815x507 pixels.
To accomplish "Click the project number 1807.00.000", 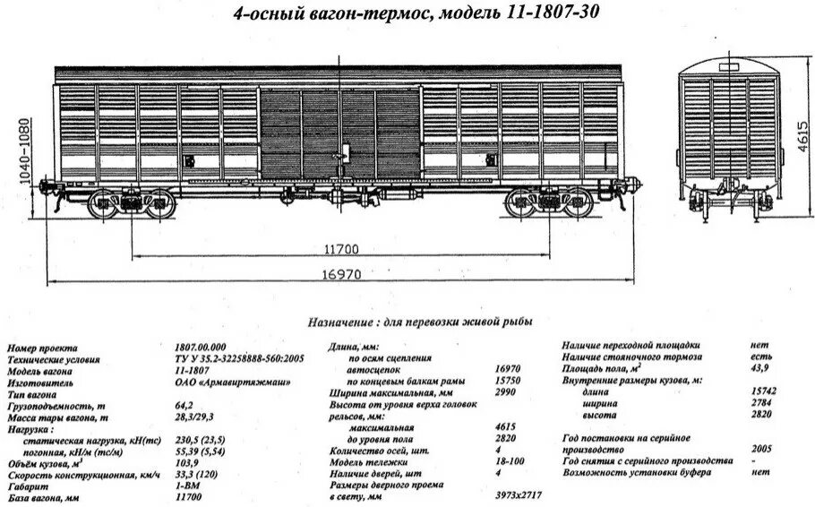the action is tap(202, 347).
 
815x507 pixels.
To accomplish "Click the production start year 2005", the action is tap(764, 449).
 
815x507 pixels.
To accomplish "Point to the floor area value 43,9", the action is tap(762, 369).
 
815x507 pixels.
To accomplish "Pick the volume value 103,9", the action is tap(187, 454).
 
